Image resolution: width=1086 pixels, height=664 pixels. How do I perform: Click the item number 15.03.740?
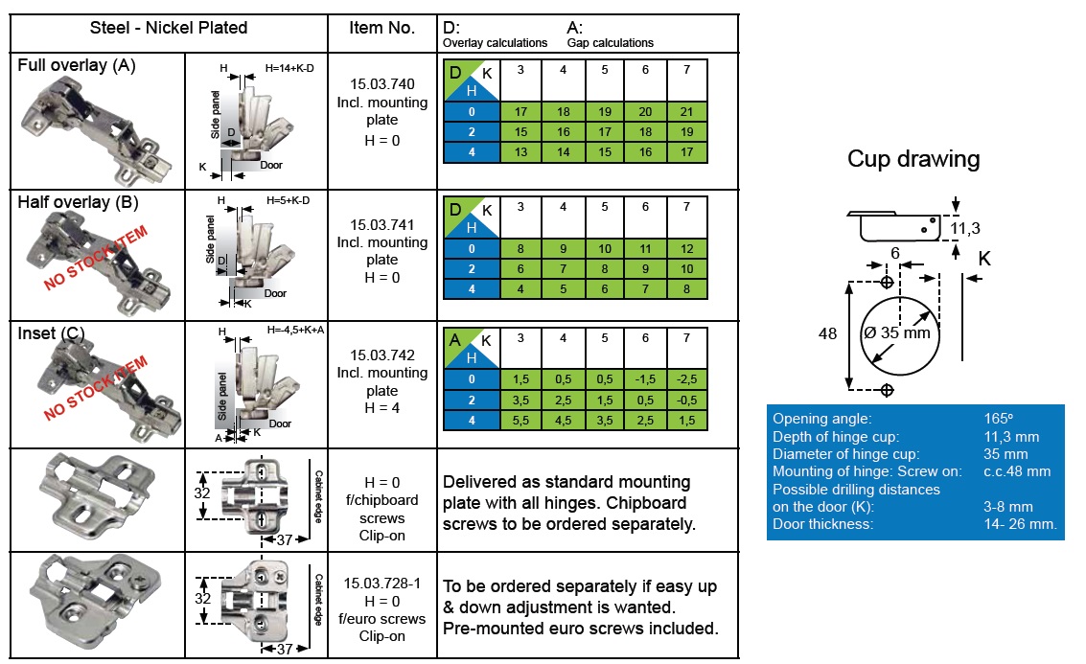[382, 84]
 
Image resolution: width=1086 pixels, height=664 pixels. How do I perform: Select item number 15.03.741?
[382, 224]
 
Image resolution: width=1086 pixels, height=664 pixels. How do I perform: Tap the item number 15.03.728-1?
[382, 583]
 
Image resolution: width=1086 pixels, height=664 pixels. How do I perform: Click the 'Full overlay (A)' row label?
[77, 65]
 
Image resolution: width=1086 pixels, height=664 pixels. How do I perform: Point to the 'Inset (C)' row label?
[52, 333]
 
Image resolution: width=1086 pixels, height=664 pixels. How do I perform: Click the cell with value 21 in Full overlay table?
[686, 112]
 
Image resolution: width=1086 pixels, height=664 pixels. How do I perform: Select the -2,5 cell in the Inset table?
[686, 379]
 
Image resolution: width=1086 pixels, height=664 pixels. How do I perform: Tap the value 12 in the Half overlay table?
[686, 249]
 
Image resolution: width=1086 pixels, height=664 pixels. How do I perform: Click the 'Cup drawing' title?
[913, 159]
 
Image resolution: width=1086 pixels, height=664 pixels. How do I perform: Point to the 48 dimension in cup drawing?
[828, 334]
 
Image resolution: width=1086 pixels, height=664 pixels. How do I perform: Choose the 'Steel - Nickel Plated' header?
[169, 28]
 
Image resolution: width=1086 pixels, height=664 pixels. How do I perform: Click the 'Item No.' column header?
[383, 28]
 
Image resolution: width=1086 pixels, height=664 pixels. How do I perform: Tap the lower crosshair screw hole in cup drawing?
[887, 389]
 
